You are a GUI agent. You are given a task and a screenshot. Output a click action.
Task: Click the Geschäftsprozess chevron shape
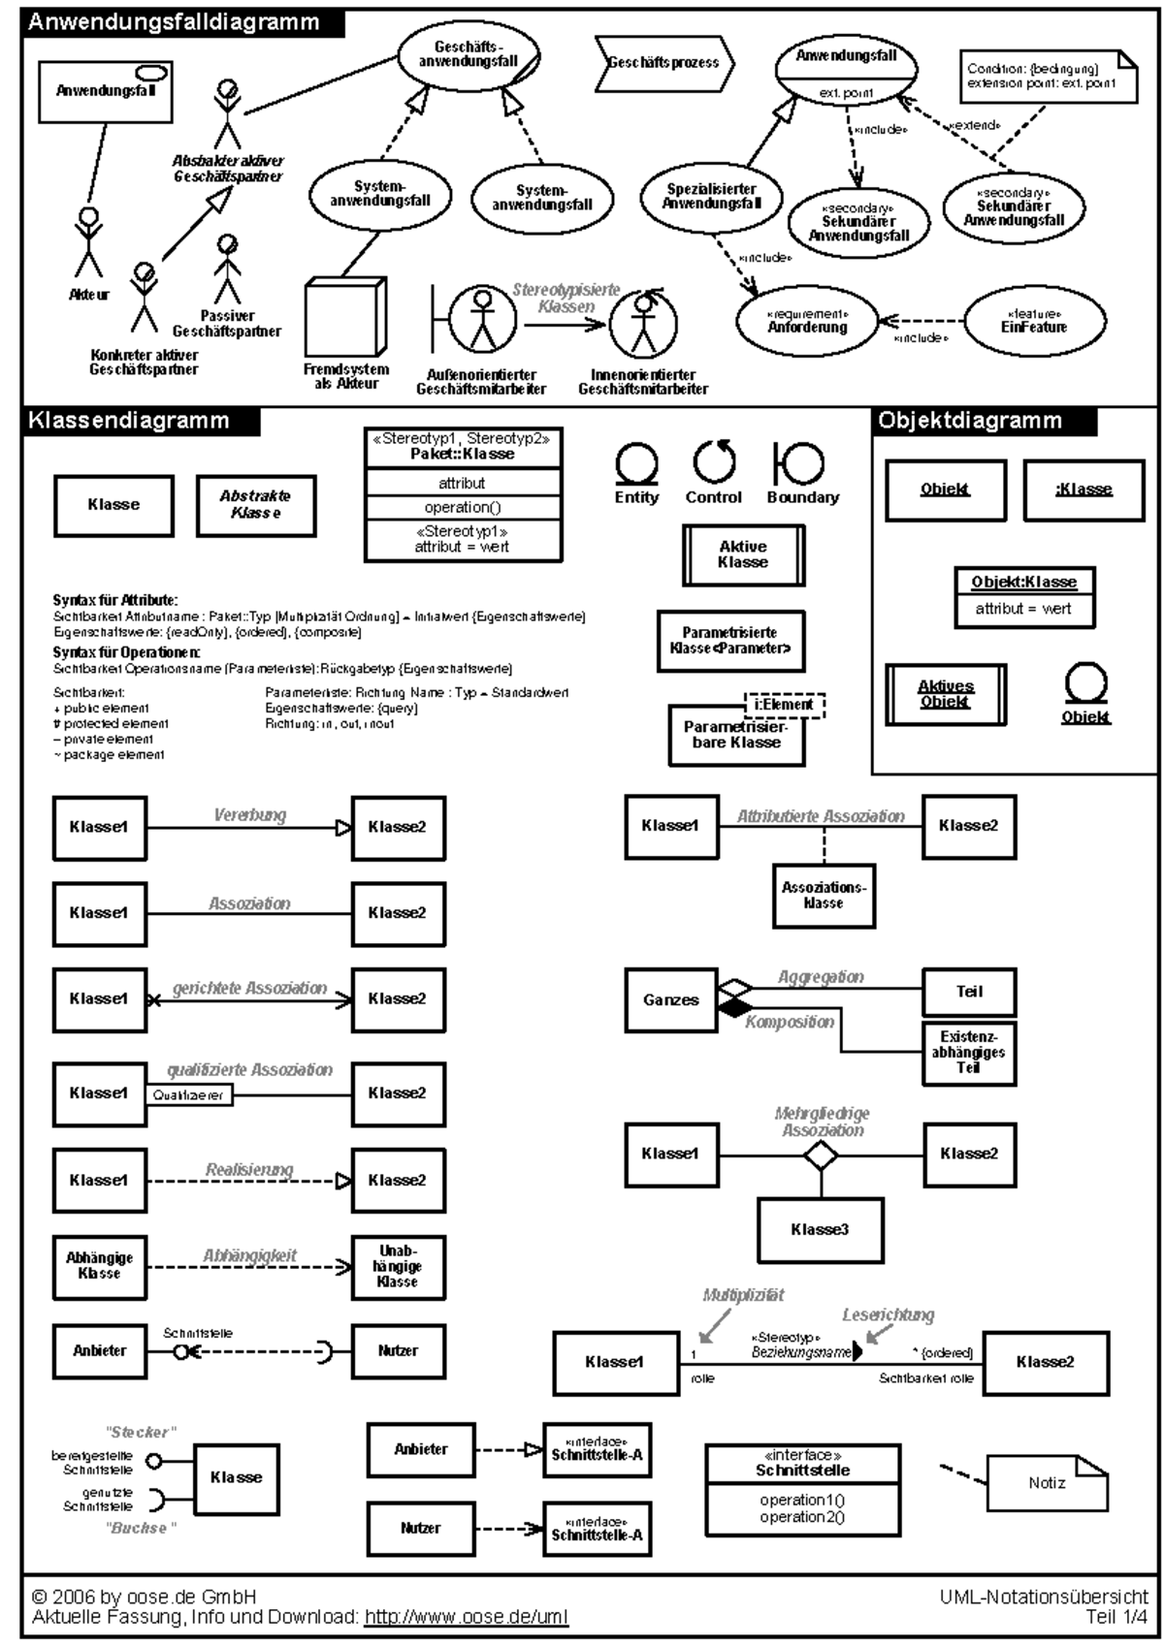coord(664,63)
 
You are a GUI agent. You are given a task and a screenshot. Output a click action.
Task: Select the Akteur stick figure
coord(89,242)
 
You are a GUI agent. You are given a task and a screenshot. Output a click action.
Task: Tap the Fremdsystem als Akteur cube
coord(344,320)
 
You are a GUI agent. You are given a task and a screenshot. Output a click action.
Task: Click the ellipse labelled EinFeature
coord(1034,322)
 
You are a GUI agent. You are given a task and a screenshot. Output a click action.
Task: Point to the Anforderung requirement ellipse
coord(807,322)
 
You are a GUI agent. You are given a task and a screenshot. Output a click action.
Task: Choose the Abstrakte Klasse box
coord(256,505)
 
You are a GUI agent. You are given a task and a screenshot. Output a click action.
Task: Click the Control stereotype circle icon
coord(714,462)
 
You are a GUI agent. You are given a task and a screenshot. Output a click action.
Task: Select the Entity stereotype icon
coord(636,464)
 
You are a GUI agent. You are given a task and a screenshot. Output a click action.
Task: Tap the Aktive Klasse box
coord(743,555)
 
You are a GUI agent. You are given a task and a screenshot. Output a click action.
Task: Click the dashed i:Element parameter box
coord(784,705)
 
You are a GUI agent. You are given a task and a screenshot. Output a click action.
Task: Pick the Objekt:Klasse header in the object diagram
coord(1023,582)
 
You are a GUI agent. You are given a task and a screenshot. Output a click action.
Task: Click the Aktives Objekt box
coord(946,694)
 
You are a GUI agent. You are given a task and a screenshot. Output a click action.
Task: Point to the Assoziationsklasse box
coord(824,896)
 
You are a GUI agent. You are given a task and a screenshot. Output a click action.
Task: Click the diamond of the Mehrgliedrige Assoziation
coord(822,1155)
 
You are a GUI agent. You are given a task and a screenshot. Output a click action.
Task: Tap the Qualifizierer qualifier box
coord(189,1095)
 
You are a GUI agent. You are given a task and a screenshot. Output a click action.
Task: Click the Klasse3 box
coord(820,1230)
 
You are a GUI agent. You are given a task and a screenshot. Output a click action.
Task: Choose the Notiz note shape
coord(1047,1483)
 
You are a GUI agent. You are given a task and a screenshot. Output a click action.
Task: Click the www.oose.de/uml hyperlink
coord(466,1617)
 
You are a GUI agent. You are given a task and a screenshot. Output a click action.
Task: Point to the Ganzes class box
coord(671,999)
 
